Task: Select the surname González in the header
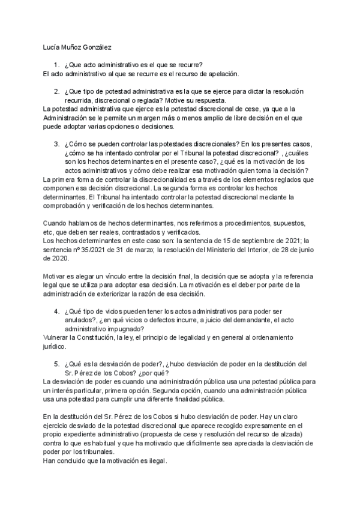click(97, 47)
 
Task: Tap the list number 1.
click(55, 65)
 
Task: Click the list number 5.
click(55, 364)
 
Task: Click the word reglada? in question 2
click(166, 100)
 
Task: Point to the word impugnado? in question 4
click(119, 329)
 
